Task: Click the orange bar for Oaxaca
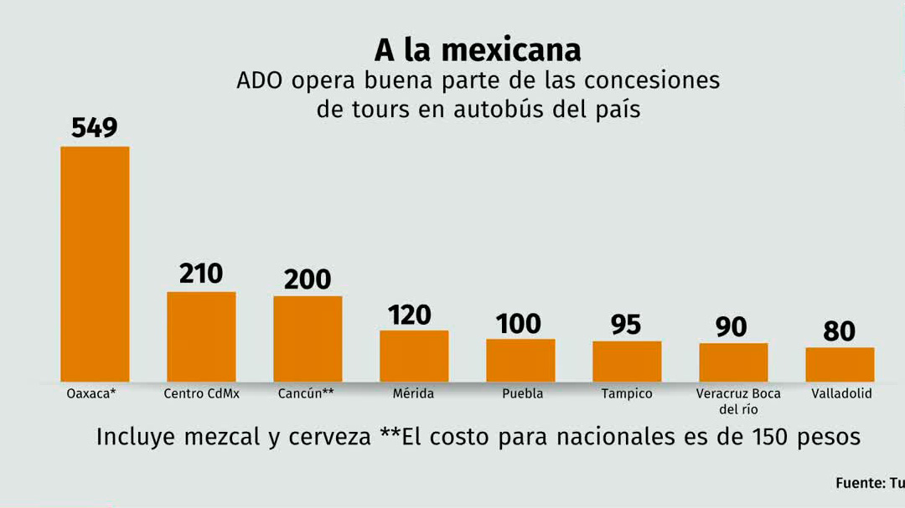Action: click(95, 264)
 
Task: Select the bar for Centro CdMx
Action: click(201, 336)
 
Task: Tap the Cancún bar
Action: click(308, 339)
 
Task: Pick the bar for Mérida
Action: click(414, 356)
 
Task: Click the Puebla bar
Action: click(520, 360)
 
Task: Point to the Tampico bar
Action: click(627, 362)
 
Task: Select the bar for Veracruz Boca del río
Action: click(733, 362)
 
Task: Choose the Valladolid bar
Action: click(840, 364)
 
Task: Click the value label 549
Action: click(95, 128)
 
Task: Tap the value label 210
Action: click(201, 274)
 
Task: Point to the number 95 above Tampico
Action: click(626, 325)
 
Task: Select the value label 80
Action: click(839, 331)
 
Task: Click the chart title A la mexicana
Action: click(477, 50)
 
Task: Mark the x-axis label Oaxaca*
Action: click(90, 393)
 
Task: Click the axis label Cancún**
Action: click(306, 393)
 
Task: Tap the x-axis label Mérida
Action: click(413, 393)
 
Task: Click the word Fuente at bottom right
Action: click(858, 484)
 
